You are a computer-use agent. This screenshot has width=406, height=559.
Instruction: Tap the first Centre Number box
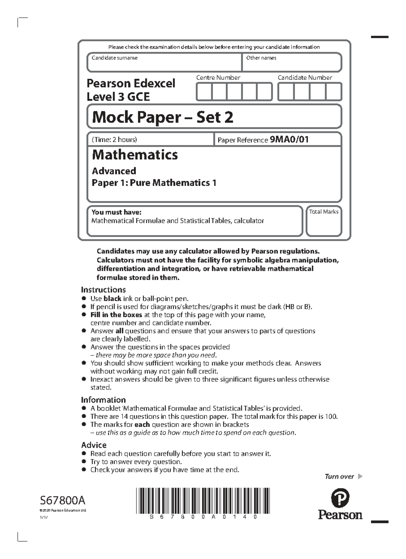(204, 92)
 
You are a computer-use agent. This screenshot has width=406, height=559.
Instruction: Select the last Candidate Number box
(334, 92)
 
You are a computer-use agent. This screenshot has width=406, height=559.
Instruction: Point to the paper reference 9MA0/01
(289, 139)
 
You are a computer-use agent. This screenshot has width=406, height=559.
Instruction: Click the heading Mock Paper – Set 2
(163, 117)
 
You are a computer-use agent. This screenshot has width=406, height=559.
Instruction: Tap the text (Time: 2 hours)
(114, 139)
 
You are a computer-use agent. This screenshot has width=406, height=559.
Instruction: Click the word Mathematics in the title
(135, 155)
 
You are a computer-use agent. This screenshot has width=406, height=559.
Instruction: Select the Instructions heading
(103, 289)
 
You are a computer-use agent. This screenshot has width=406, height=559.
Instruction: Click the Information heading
(103, 400)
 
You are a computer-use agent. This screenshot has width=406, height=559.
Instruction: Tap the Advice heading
(94, 445)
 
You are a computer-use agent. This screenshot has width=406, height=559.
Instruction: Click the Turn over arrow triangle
(360, 476)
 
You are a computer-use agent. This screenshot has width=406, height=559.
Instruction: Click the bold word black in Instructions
(112, 299)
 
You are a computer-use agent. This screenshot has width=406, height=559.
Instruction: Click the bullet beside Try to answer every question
(84, 462)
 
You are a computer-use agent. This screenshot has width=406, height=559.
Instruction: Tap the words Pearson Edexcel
(131, 83)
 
